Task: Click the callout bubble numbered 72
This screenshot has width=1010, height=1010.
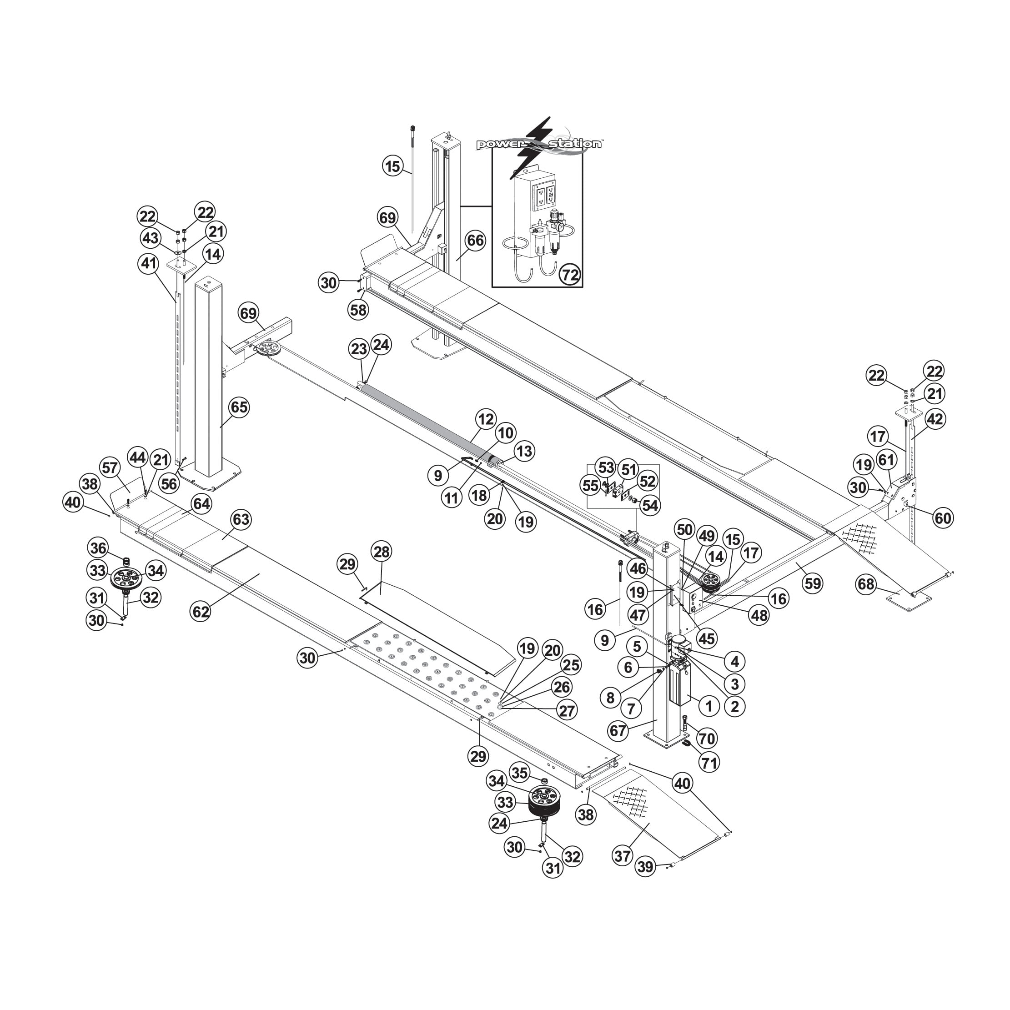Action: (570, 275)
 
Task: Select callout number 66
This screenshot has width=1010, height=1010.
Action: (475, 241)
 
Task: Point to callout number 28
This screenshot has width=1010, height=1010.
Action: (382, 552)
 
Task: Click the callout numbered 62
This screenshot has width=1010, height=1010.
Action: (201, 612)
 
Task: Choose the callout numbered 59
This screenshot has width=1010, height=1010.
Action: (813, 583)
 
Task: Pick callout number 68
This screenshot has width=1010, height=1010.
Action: (866, 584)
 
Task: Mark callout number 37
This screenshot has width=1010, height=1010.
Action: (622, 856)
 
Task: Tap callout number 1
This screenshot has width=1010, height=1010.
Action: (709, 707)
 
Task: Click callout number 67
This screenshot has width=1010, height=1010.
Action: (618, 730)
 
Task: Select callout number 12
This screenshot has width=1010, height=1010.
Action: (486, 419)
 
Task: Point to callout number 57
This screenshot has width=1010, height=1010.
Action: (111, 468)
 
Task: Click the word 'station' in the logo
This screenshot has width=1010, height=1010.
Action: (576, 143)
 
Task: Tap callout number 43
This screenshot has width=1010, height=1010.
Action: (151, 238)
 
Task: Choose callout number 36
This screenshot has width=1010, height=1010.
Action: (98, 548)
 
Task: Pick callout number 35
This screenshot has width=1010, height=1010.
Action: (520, 773)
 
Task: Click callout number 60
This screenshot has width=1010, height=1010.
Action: (943, 518)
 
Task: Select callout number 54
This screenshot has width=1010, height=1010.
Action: (650, 506)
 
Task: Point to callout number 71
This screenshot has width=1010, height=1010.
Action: (709, 762)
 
